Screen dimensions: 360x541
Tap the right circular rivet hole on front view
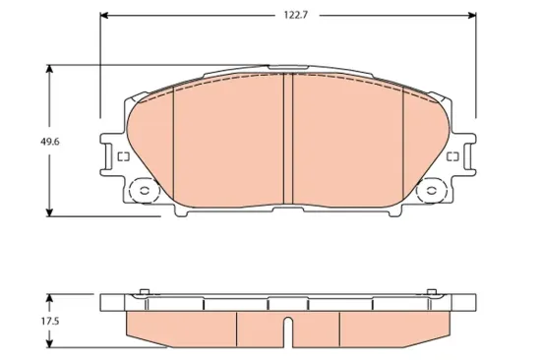point(431,191)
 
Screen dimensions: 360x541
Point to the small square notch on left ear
point(123,157)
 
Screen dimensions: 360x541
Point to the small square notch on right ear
point(453,157)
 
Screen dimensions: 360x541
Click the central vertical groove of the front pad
point(289,138)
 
